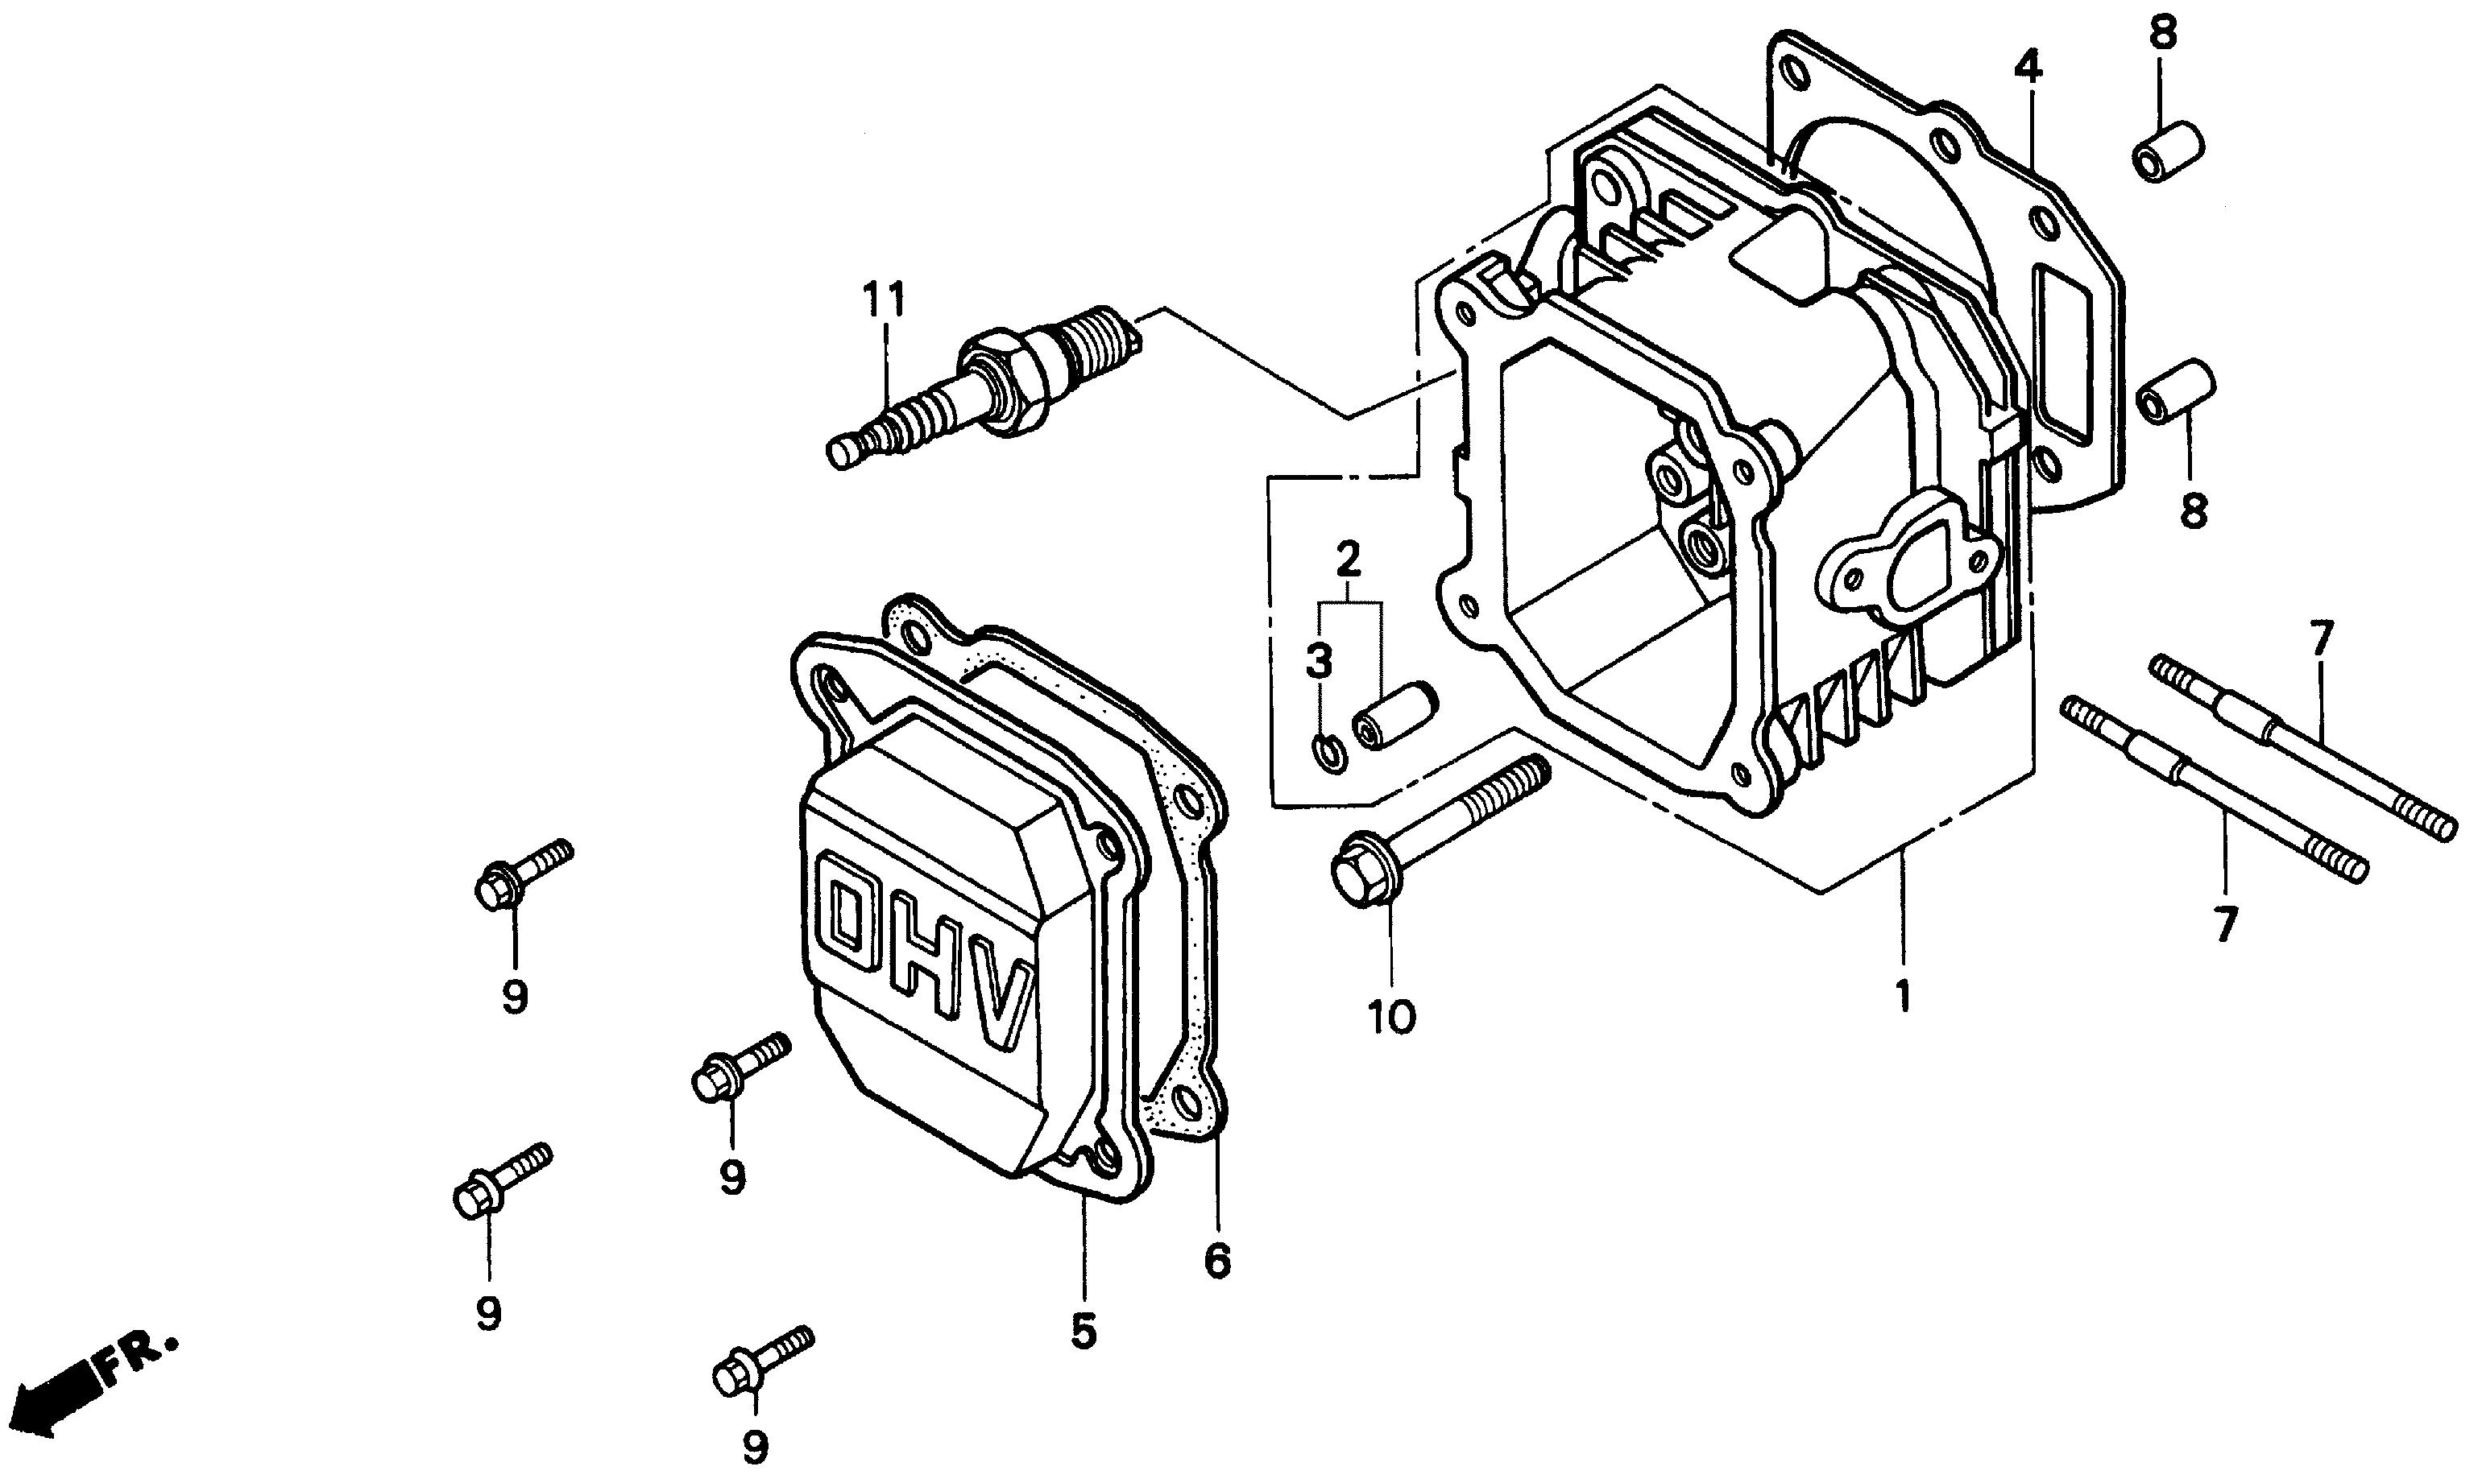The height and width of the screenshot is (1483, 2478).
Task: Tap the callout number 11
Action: pyautogui.click(x=885, y=299)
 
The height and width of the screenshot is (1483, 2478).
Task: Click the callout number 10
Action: pyautogui.click(x=1391, y=1018)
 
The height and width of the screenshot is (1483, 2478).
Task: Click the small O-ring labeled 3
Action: pyautogui.click(x=1328, y=753)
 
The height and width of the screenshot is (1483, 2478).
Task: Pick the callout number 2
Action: pyautogui.click(x=1349, y=559)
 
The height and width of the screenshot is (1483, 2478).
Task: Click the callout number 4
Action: pyautogui.click(x=2028, y=66)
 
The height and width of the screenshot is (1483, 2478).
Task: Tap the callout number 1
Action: pyautogui.click(x=1904, y=998)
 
